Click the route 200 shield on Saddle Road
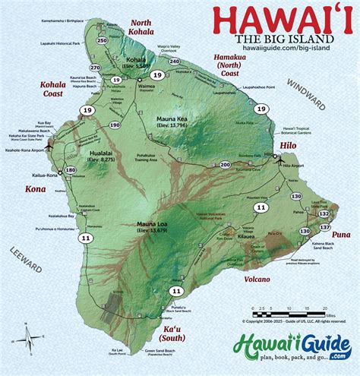225,164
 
